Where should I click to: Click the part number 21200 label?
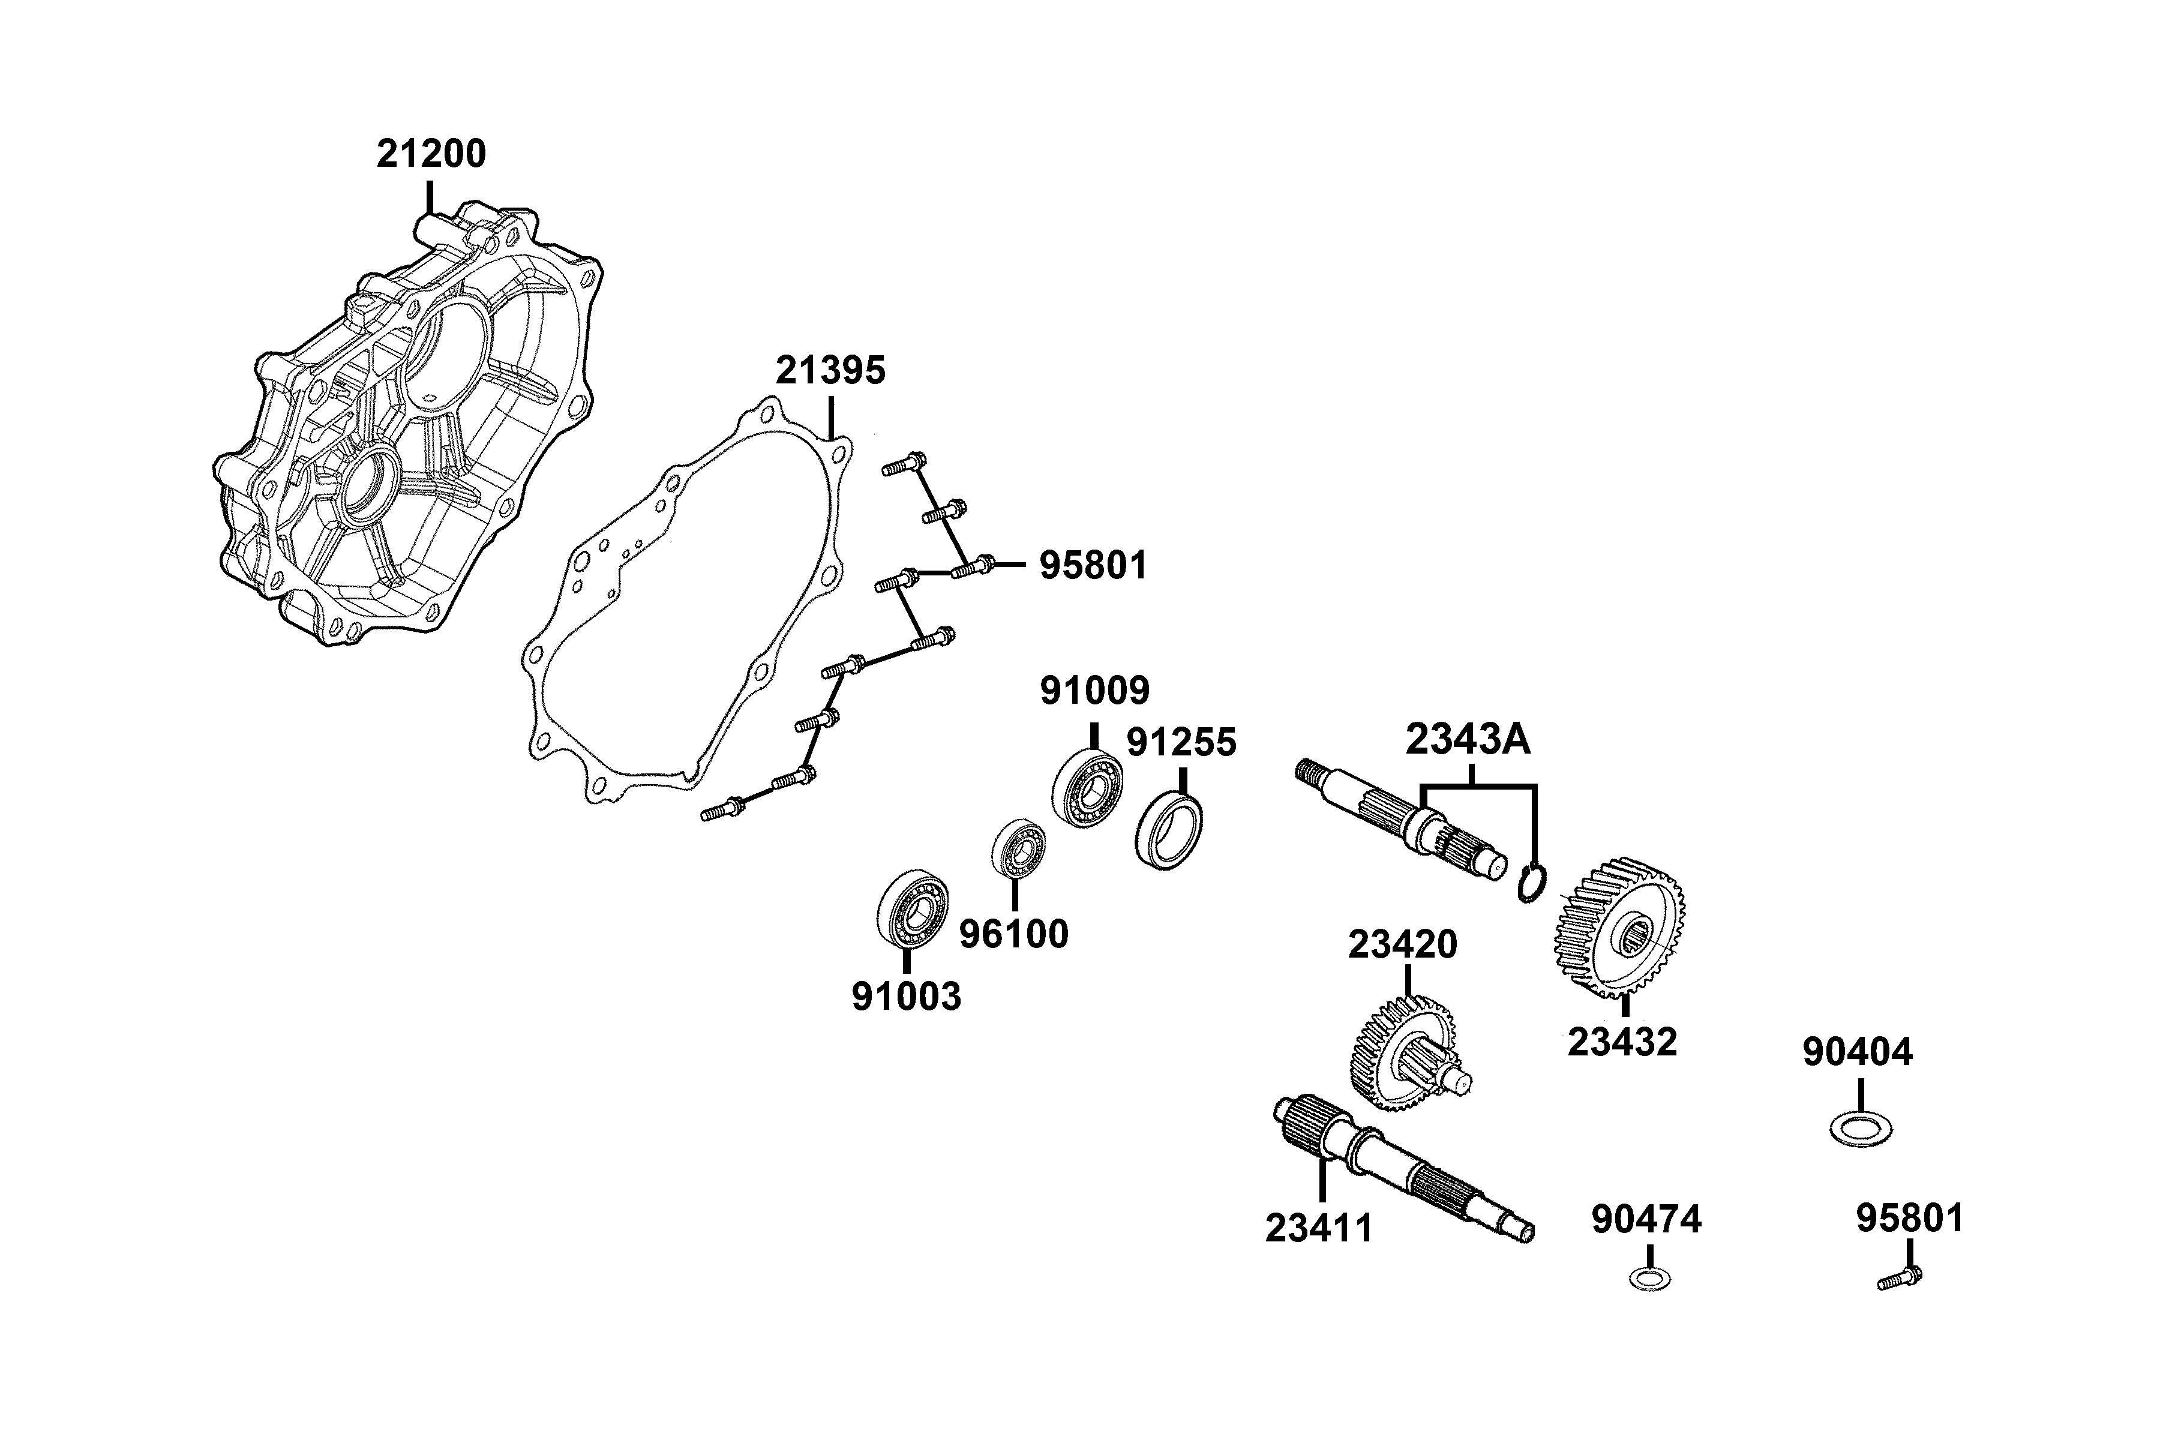(x=431, y=154)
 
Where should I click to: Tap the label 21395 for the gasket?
(x=830, y=371)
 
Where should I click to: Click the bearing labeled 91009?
(x=1087, y=788)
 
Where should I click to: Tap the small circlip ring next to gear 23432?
(x=1532, y=883)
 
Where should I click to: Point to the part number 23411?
(x=1319, y=1228)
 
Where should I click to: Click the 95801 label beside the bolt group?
(x=1093, y=566)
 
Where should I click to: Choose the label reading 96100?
(x=1014, y=935)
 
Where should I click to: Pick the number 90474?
(x=1646, y=1220)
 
